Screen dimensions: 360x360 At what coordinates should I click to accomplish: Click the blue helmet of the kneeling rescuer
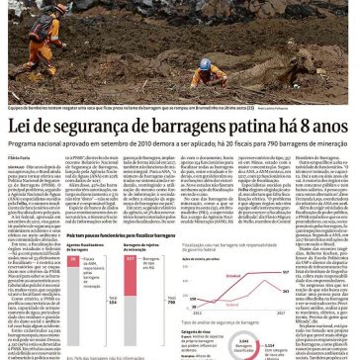click(206, 63)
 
